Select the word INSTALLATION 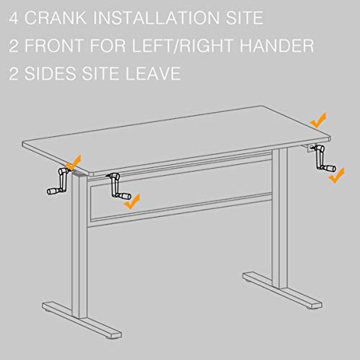[156, 18]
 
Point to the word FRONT [54, 46]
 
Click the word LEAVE [153, 73]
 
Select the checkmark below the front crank [132, 202]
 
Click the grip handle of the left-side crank [53, 191]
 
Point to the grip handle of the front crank [124, 196]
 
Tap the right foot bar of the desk [282, 290]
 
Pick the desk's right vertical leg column [280, 216]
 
